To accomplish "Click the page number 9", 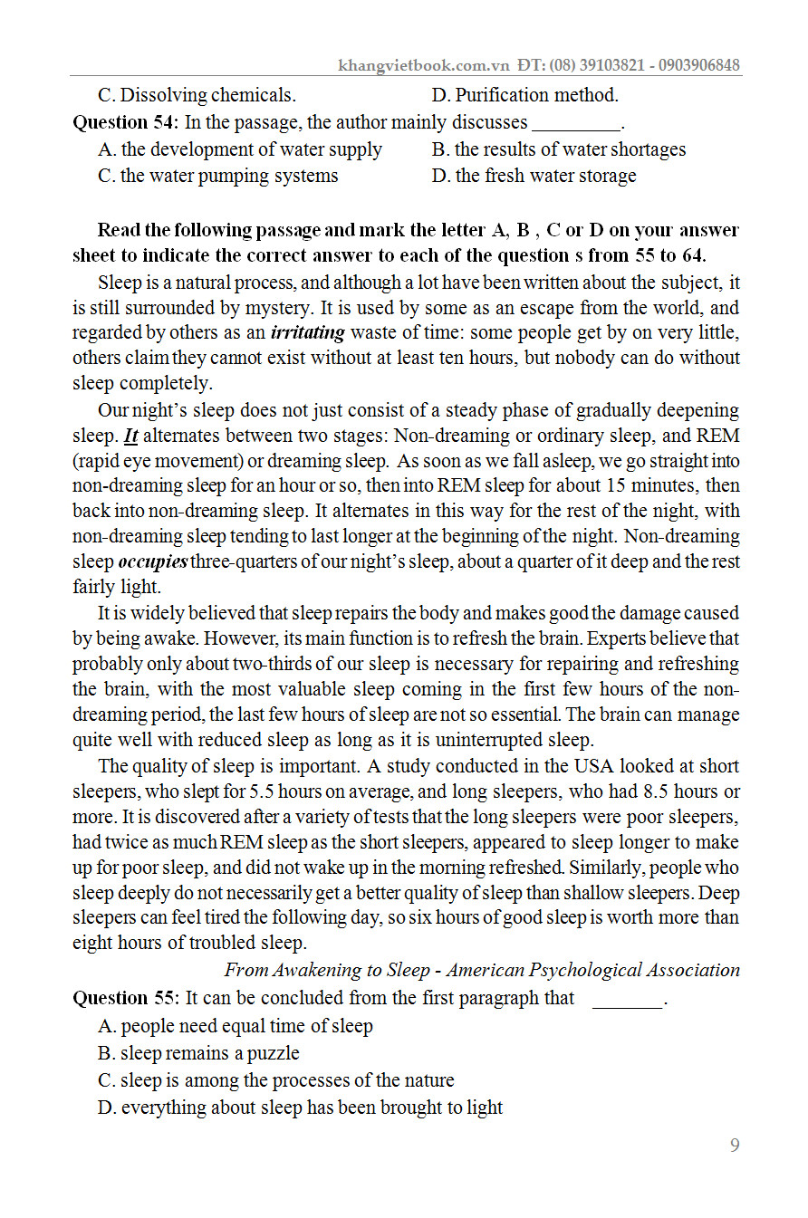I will tap(735, 1146).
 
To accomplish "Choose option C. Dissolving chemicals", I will tap(197, 95).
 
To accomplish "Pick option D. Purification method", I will tap(524, 95).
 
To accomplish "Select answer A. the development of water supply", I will tap(240, 149).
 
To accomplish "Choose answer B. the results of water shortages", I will tap(559, 149).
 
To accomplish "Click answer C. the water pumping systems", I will tap(217, 176).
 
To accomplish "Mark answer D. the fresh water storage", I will tap(534, 176).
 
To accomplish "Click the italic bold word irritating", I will tap(308, 332).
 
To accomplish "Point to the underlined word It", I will tap(130, 436).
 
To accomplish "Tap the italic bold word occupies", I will tap(153, 561).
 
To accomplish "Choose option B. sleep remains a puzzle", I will tap(198, 1053).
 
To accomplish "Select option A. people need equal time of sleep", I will tap(235, 1026).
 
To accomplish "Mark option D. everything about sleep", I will tap(300, 1108).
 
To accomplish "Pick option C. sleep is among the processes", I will tap(275, 1080).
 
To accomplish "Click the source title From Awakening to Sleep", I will tap(327, 970).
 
